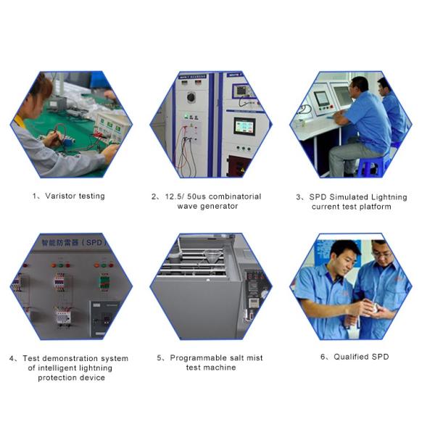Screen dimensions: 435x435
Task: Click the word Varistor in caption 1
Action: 60,196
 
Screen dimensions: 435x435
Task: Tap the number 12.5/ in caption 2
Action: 174,196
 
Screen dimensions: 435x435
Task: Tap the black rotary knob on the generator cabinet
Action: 191,97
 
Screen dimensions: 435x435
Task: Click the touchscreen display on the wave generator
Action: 244,126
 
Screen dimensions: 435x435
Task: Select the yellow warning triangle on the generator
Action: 242,169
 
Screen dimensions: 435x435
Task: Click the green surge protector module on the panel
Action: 104,282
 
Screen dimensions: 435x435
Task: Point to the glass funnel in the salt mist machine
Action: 213,257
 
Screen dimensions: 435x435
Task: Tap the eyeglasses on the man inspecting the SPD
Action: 381,254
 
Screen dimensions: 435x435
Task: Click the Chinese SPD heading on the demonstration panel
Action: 74,242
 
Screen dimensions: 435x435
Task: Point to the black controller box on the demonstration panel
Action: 104,319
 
